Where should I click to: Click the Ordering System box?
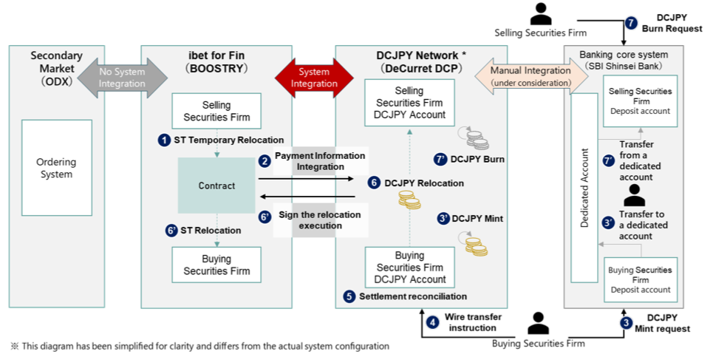pos(56,169)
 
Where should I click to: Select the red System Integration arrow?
pos(314,78)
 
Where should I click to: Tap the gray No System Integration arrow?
pos(123,78)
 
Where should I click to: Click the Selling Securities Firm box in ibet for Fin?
pos(216,111)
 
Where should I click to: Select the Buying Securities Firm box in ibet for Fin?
pos(216,265)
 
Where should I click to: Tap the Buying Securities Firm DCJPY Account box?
pos(410,268)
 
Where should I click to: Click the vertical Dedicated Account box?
pos(584,188)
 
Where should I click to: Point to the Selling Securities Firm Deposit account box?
pos(640,101)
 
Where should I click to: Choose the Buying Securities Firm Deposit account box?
pos(641,279)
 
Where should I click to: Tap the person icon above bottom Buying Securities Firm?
pos(539,322)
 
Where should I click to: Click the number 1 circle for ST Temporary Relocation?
pos(164,140)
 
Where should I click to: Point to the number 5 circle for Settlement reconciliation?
pos(349,296)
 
